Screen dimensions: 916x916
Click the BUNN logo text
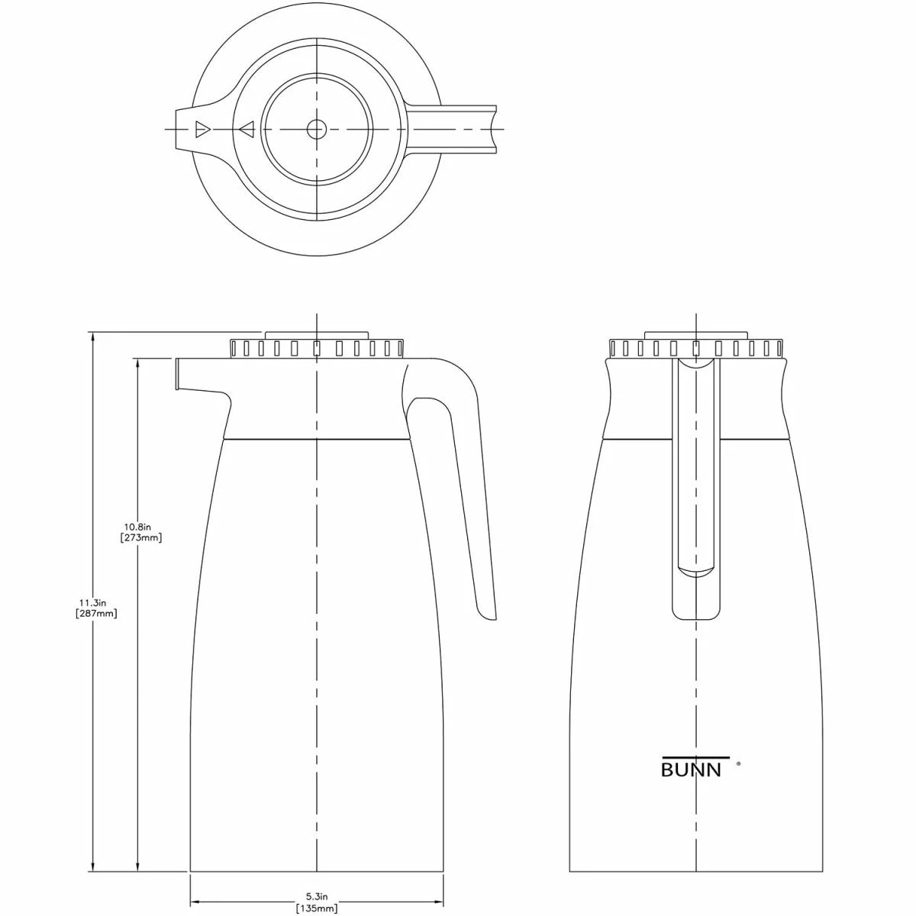690,769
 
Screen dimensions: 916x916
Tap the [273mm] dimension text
141,537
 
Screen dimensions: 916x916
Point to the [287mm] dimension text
97,614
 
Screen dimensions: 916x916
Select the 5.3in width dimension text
316,895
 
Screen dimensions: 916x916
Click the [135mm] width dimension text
316,908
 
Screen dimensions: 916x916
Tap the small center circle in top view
316,129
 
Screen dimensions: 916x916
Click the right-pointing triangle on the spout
202,129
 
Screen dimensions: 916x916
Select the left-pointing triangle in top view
246,129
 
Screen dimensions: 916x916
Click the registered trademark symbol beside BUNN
737,762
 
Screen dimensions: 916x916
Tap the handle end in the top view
493,129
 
